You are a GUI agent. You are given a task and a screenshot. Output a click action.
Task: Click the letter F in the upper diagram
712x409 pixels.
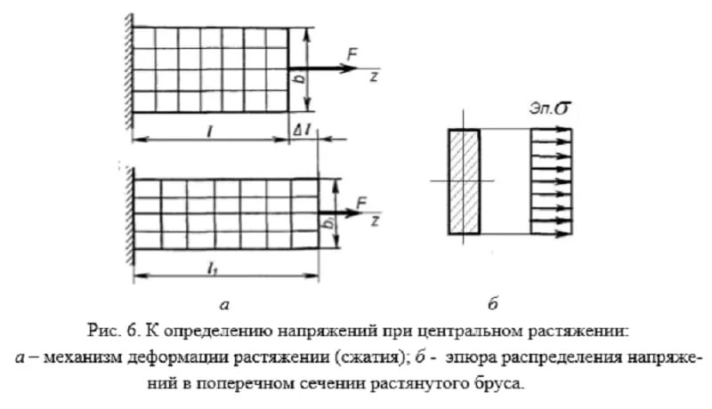[x=353, y=56]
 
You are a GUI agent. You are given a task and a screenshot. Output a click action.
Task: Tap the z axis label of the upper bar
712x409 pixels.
[x=376, y=76]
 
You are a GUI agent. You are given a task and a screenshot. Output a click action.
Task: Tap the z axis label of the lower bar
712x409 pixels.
[x=376, y=218]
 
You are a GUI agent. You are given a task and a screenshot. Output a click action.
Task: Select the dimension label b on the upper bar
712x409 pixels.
[x=299, y=78]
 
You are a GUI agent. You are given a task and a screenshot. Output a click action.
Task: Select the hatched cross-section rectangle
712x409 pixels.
[x=464, y=181]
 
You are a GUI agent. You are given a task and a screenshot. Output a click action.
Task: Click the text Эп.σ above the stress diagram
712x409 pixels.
[x=550, y=109]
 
